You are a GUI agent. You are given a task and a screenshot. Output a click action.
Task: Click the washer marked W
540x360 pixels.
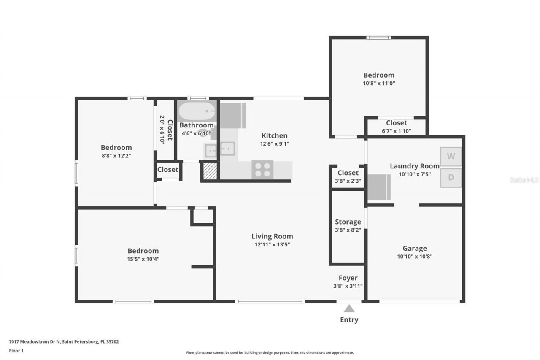[x=451, y=156]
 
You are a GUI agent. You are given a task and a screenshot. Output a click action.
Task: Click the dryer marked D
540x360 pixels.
[x=451, y=178]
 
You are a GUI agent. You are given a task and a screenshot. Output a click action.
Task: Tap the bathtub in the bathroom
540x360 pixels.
[x=197, y=111]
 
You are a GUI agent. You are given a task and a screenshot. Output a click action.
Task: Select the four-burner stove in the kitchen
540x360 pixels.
[x=262, y=170]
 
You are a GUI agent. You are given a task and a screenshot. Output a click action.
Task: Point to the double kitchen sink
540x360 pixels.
[x=219, y=149]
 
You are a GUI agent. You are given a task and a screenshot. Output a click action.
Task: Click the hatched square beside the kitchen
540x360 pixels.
[x=210, y=171]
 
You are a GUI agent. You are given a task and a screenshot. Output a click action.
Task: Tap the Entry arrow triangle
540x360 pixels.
[x=349, y=309]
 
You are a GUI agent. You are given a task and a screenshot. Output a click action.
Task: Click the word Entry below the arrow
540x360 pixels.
[x=349, y=319]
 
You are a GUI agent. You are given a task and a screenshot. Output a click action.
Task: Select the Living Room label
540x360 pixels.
[x=272, y=236]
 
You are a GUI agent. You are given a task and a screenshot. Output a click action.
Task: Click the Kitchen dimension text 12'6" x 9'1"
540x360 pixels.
[x=275, y=143]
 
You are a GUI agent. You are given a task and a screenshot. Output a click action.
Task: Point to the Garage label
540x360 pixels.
[x=414, y=248]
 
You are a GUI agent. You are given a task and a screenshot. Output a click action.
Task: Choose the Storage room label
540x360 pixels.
[x=348, y=222]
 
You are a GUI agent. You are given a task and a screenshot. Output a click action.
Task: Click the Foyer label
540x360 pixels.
[x=348, y=278]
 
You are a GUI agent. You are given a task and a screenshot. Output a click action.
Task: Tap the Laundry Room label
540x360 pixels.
[x=414, y=166]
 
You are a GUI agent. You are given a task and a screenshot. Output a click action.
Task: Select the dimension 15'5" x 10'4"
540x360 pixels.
[x=143, y=259]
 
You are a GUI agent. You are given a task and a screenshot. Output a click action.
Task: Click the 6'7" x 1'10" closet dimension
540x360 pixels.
[x=396, y=131]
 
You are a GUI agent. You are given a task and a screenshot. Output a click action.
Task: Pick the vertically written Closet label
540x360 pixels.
[x=170, y=130]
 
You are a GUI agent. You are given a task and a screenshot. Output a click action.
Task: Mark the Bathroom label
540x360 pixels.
[x=196, y=125]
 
